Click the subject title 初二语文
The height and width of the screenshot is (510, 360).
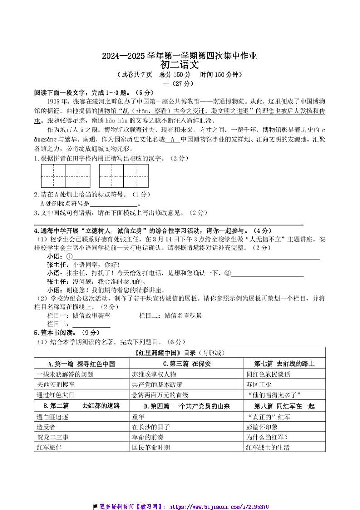180,64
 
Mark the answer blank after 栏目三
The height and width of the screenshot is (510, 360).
91,324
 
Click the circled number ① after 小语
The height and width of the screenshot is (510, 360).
69,256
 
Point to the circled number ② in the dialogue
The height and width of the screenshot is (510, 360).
228,273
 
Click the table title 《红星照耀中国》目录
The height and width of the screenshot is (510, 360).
180,353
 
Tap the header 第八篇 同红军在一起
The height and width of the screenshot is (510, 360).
284,406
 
